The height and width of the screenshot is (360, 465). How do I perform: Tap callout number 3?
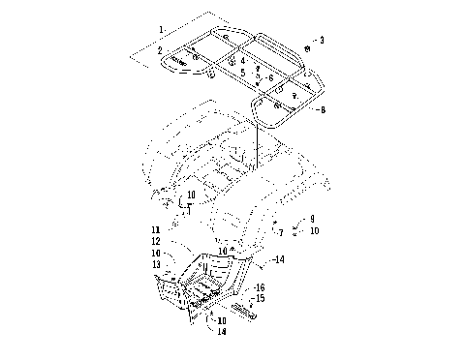(x=322, y=40)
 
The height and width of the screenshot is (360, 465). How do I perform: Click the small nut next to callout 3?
(x=307, y=47)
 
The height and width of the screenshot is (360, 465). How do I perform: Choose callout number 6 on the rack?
(x=270, y=77)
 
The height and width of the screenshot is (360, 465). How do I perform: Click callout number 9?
(x=312, y=220)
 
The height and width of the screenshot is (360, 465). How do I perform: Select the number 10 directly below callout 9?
(x=314, y=231)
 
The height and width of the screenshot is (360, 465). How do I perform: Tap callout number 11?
(x=155, y=229)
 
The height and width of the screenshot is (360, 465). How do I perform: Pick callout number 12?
(x=155, y=241)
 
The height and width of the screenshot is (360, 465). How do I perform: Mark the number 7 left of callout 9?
(x=281, y=232)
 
